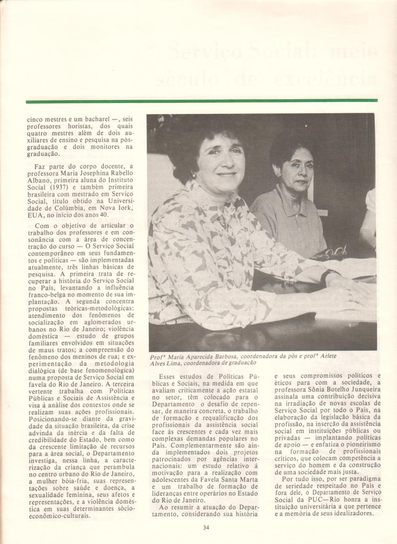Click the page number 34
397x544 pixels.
(x=206, y=528)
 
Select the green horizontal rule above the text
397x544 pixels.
(x=201, y=101)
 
